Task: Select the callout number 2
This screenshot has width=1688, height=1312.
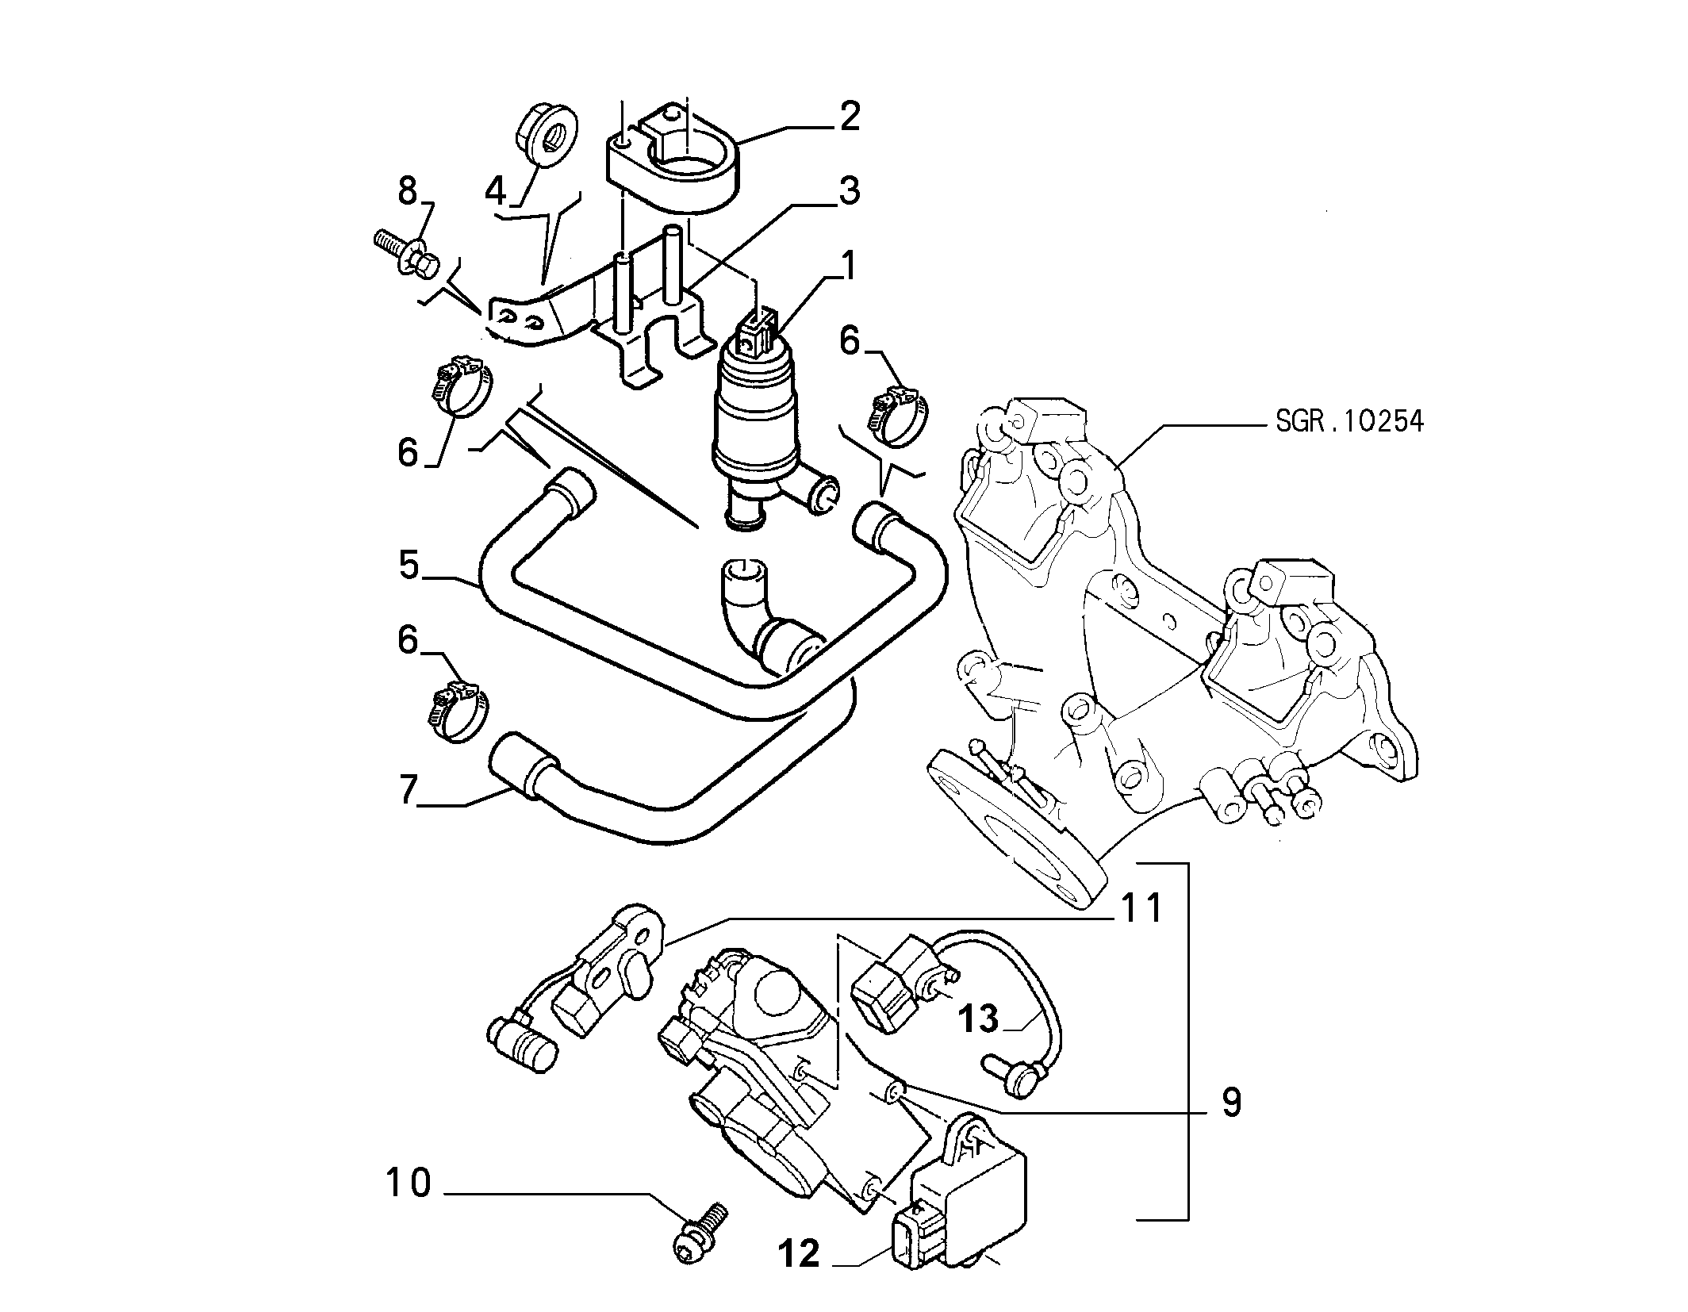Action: pyautogui.click(x=850, y=117)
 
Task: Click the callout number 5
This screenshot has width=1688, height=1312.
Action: pyautogui.click(x=409, y=566)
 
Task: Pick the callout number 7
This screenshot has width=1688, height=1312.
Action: pyautogui.click(x=409, y=791)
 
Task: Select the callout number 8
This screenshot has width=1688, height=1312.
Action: pyautogui.click(x=407, y=191)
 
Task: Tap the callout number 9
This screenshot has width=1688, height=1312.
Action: pyautogui.click(x=1231, y=1102)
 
